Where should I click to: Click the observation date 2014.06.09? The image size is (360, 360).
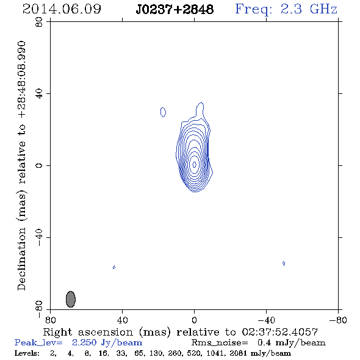[x=62, y=9]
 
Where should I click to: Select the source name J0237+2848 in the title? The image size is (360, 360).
[x=175, y=10]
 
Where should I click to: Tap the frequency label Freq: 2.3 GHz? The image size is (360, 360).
[x=286, y=9]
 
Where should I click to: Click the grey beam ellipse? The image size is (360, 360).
[x=71, y=299]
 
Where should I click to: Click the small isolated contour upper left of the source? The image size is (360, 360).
[x=163, y=112]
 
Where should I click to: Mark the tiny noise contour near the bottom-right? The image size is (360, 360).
[x=284, y=264]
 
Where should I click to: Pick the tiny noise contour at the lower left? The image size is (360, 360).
[x=114, y=267]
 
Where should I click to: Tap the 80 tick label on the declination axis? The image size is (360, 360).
[x=39, y=22]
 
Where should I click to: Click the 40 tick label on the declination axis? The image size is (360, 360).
[x=39, y=93]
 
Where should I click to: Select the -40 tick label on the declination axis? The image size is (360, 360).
[x=39, y=237]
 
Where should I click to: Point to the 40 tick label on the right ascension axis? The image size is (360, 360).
[x=123, y=320]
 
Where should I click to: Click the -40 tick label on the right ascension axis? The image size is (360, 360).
[x=266, y=320]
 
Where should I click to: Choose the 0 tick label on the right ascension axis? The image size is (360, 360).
[x=194, y=320]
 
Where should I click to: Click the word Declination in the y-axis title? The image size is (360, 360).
[x=21, y=259]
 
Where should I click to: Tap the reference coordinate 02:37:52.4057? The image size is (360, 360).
[x=279, y=332]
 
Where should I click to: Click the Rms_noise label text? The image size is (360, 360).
[x=220, y=343]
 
